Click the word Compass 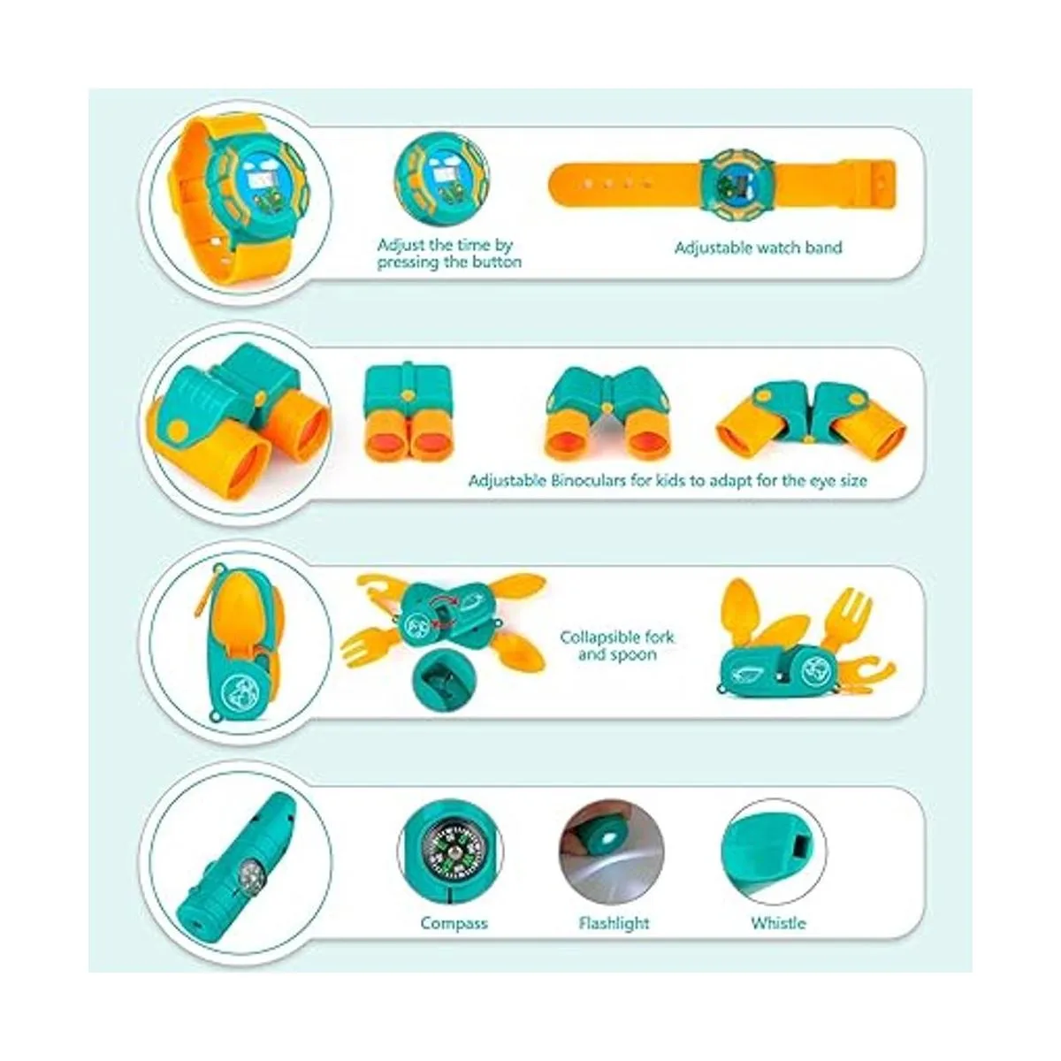(454, 923)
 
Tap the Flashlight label (614, 922)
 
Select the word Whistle (778, 922)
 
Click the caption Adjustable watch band (758, 248)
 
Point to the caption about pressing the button (449, 253)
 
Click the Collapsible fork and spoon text (616, 645)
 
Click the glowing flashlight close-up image (612, 851)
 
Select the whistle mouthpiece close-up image (774, 851)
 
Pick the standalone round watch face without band (441, 179)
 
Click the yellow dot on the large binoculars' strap (178, 429)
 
